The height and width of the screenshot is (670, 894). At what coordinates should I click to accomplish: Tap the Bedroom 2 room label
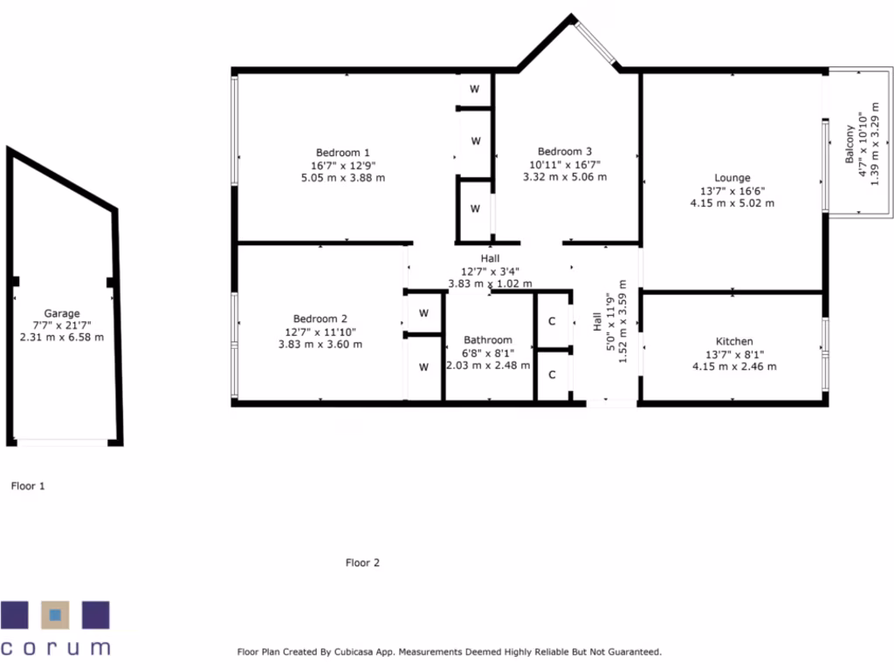point(320,318)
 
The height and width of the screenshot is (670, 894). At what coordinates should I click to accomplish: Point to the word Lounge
point(732,178)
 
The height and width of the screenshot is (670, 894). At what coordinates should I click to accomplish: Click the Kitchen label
point(734,341)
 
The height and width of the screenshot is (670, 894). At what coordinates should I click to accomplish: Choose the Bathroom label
point(488,340)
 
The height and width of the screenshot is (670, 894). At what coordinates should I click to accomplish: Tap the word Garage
point(62,313)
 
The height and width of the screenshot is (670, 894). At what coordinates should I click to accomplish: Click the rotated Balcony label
point(849,145)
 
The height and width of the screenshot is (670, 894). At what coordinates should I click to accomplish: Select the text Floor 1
point(28,486)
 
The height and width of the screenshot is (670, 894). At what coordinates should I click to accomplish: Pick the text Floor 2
point(362,563)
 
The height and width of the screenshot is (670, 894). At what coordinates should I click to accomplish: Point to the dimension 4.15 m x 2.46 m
point(734,366)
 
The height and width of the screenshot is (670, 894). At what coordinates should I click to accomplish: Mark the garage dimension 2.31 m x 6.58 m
point(62,337)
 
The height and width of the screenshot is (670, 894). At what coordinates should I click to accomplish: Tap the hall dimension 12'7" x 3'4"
point(490,270)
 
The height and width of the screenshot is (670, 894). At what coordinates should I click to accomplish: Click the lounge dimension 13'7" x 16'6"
point(732,191)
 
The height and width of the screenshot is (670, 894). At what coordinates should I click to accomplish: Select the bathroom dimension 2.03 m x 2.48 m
point(488,365)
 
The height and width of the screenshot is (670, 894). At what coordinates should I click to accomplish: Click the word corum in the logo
point(55,647)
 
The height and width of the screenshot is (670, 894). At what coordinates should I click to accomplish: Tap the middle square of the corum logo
point(55,615)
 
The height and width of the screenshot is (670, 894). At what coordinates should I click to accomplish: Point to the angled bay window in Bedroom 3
point(597,42)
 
